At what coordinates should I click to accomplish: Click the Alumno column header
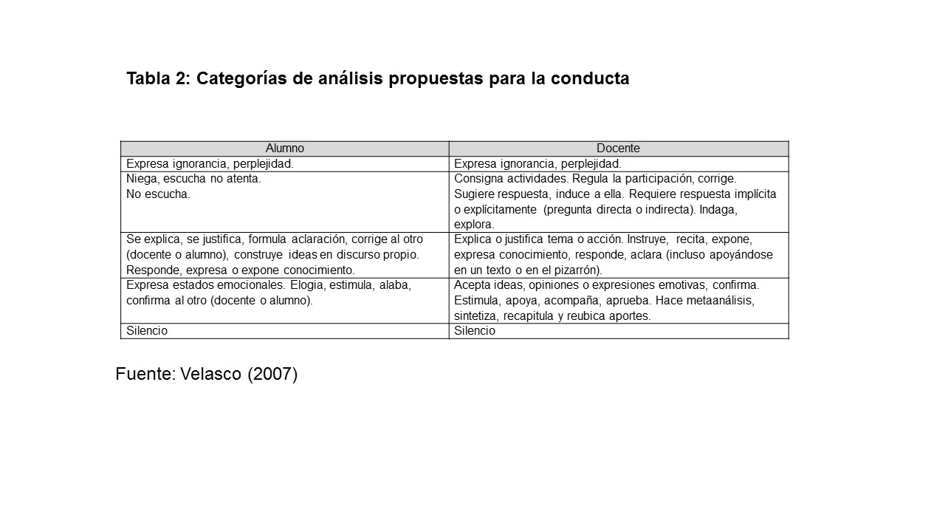pyautogui.click(x=284, y=149)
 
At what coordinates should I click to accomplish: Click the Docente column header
pyautogui.click(x=618, y=149)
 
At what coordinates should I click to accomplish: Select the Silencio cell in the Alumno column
pyautogui.click(x=147, y=331)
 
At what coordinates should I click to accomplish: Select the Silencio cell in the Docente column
pyautogui.click(x=475, y=331)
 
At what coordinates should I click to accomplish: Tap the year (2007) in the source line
pyautogui.click(x=272, y=375)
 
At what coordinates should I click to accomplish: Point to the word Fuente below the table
pyautogui.click(x=145, y=375)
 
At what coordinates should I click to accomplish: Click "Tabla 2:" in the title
pyautogui.click(x=158, y=78)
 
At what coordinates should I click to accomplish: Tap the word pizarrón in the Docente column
pyautogui.click(x=576, y=270)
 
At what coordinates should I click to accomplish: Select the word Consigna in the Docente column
pyautogui.click(x=478, y=179)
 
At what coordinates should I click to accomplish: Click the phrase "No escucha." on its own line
pyautogui.click(x=158, y=194)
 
